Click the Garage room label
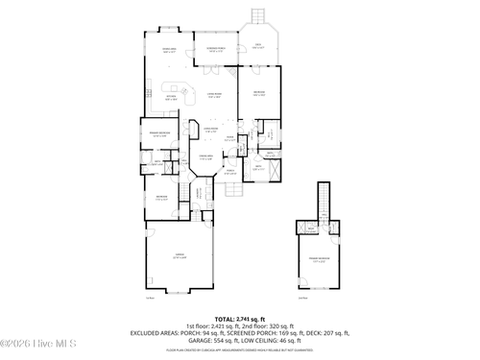coord(179,256)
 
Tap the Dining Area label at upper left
coord(169,51)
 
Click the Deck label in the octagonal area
coord(258,45)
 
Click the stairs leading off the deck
coord(256,17)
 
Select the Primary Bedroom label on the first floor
coord(159,134)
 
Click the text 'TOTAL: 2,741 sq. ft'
coord(239,318)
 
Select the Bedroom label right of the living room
coord(259,93)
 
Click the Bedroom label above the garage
coord(161,198)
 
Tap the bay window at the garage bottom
coord(179,292)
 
